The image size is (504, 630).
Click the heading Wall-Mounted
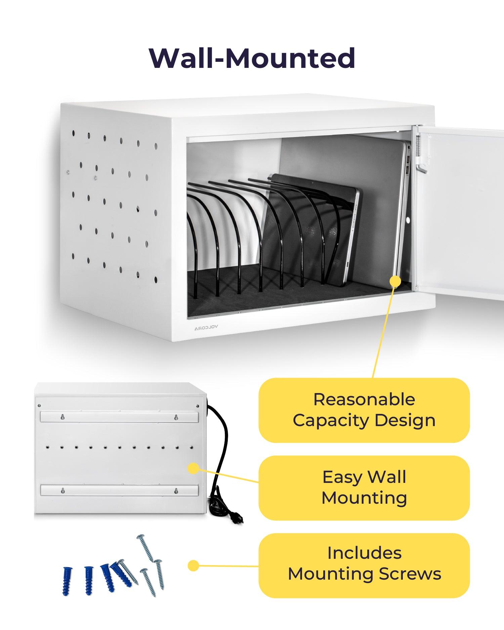point(252,58)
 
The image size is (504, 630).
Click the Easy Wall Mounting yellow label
point(364,488)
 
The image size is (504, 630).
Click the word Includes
point(364,553)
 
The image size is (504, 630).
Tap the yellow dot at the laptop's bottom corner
point(395,281)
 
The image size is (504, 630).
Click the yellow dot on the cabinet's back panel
point(193,468)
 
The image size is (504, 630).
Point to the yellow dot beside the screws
point(193,566)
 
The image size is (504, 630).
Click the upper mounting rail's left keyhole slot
point(62,417)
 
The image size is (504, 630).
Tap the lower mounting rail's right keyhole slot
point(176,491)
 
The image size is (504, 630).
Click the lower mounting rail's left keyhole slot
point(62,491)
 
